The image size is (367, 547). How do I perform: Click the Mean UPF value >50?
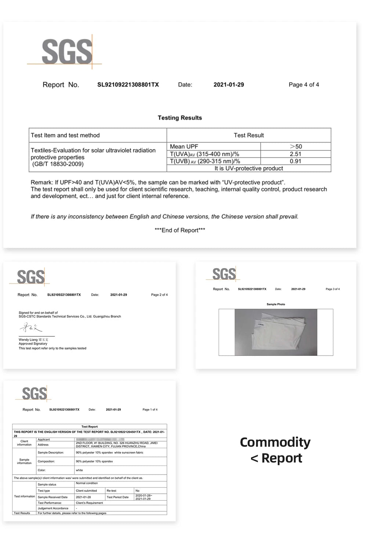point(295,147)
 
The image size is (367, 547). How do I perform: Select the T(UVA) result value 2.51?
point(295,154)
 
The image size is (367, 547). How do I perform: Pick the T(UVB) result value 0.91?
point(295,161)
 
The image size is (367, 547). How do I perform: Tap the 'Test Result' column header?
point(248,135)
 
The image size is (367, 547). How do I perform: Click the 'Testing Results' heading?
point(180,118)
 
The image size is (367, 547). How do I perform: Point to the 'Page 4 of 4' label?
point(304,85)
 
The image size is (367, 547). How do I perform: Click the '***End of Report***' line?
point(180,230)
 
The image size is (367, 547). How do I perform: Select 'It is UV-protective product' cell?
point(248,168)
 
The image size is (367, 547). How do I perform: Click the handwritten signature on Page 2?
point(31,327)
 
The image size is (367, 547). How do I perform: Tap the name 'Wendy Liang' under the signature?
point(28,340)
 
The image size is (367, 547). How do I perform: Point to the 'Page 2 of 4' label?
point(159,295)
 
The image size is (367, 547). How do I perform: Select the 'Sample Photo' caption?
point(276,305)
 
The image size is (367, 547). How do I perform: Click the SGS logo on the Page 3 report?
point(224,274)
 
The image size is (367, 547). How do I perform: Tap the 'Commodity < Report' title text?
point(275,450)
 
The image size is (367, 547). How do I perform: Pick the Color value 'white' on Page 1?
point(79,470)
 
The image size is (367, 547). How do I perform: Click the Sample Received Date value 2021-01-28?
point(83,497)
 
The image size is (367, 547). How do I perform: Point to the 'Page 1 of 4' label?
point(150,410)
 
